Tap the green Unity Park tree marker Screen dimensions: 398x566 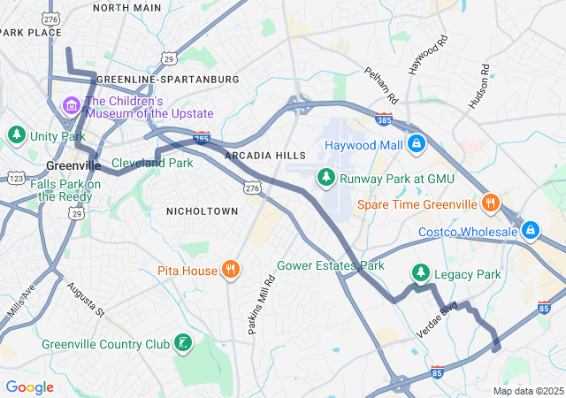pos(16,135)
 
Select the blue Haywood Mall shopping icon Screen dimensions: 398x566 pos(417,143)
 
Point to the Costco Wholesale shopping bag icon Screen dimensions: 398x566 pos(530,231)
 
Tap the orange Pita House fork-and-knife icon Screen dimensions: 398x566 pos(230,270)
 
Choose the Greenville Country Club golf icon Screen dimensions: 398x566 pos(182,344)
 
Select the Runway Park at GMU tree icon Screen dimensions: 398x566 pos(327,179)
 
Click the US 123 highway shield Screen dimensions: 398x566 pos(16,179)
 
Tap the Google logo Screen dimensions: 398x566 pos(29,387)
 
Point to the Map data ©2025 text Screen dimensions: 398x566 pos(527,391)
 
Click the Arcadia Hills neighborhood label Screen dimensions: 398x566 pos(265,156)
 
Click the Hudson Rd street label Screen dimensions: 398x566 pos(479,86)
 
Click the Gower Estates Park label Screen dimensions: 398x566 pos(331,265)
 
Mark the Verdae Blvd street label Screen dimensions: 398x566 pos(437,319)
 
